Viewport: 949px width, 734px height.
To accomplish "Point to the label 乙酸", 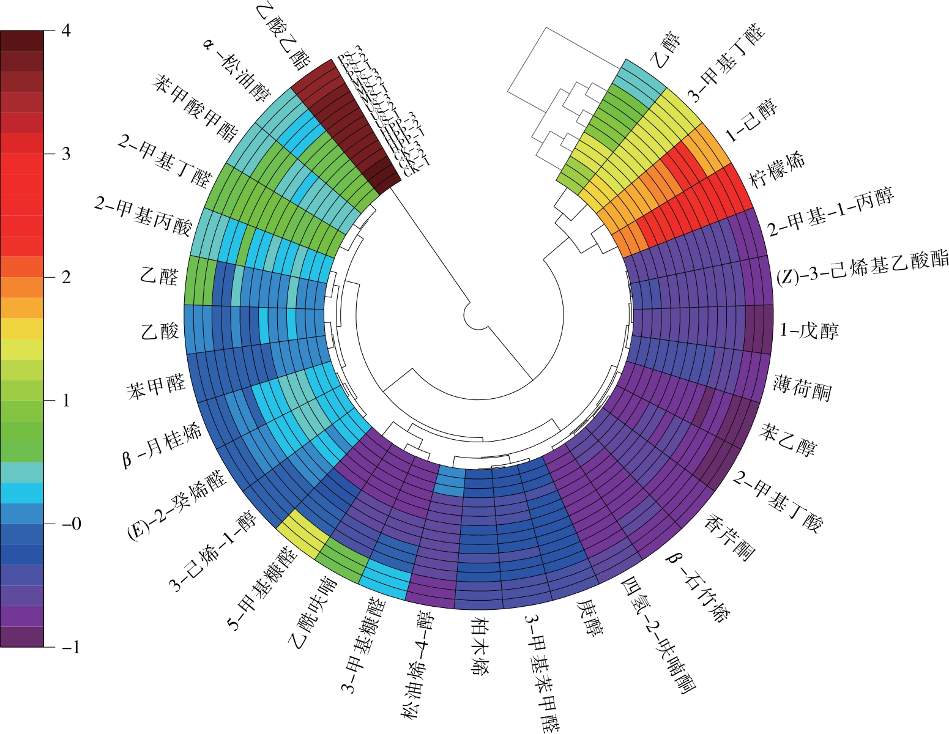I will pos(160,331).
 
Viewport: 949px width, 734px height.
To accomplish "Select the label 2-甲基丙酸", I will pos(143,216).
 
